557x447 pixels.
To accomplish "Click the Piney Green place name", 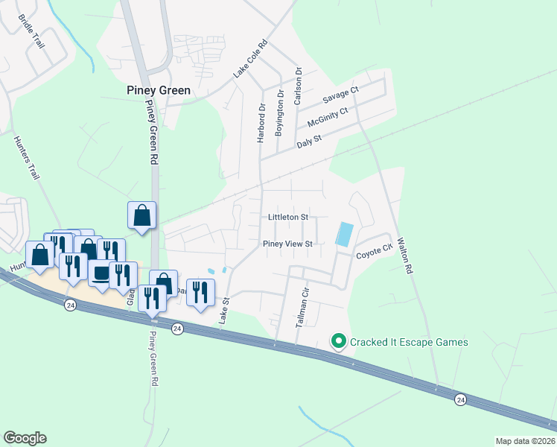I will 158,90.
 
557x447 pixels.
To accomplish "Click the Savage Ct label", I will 340,95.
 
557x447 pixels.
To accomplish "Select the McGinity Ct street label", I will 328,117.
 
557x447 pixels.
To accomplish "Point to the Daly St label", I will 308,139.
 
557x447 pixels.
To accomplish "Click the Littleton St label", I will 288,217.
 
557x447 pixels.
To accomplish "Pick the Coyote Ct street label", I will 373,252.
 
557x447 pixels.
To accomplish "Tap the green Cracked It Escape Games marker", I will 339,342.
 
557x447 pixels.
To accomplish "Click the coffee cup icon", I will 101,273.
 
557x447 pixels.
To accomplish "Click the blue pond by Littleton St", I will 345,235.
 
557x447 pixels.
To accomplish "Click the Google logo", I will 25,438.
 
